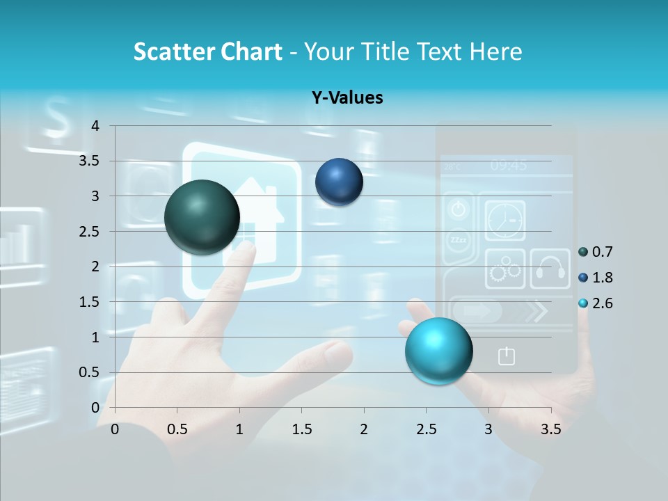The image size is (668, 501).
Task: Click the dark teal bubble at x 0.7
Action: pyautogui.click(x=202, y=217)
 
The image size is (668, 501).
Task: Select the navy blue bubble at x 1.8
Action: pyautogui.click(x=339, y=182)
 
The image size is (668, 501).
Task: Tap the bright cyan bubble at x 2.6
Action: pyautogui.click(x=438, y=351)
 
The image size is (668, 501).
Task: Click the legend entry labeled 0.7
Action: pyautogui.click(x=596, y=252)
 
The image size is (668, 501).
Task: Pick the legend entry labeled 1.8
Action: pyautogui.click(x=596, y=278)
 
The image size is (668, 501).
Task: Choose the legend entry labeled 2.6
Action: pyautogui.click(x=596, y=303)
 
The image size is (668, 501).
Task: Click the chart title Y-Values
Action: pyautogui.click(x=347, y=98)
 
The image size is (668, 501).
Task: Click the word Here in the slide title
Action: pyautogui.click(x=495, y=51)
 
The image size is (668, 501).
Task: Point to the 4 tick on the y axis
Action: pyautogui.click(x=95, y=126)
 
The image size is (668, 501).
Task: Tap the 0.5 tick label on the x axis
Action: pyautogui.click(x=177, y=429)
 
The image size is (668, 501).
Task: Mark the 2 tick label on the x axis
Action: pyautogui.click(x=364, y=429)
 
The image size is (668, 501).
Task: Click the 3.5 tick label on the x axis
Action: pyautogui.click(x=550, y=429)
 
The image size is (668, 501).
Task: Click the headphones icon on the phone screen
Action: pyautogui.click(x=550, y=269)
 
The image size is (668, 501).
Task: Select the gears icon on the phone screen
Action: pyautogui.click(x=504, y=269)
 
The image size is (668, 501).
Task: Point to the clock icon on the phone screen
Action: pyautogui.click(x=504, y=220)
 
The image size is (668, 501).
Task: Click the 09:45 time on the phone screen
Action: pyautogui.click(x=508, y=166)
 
